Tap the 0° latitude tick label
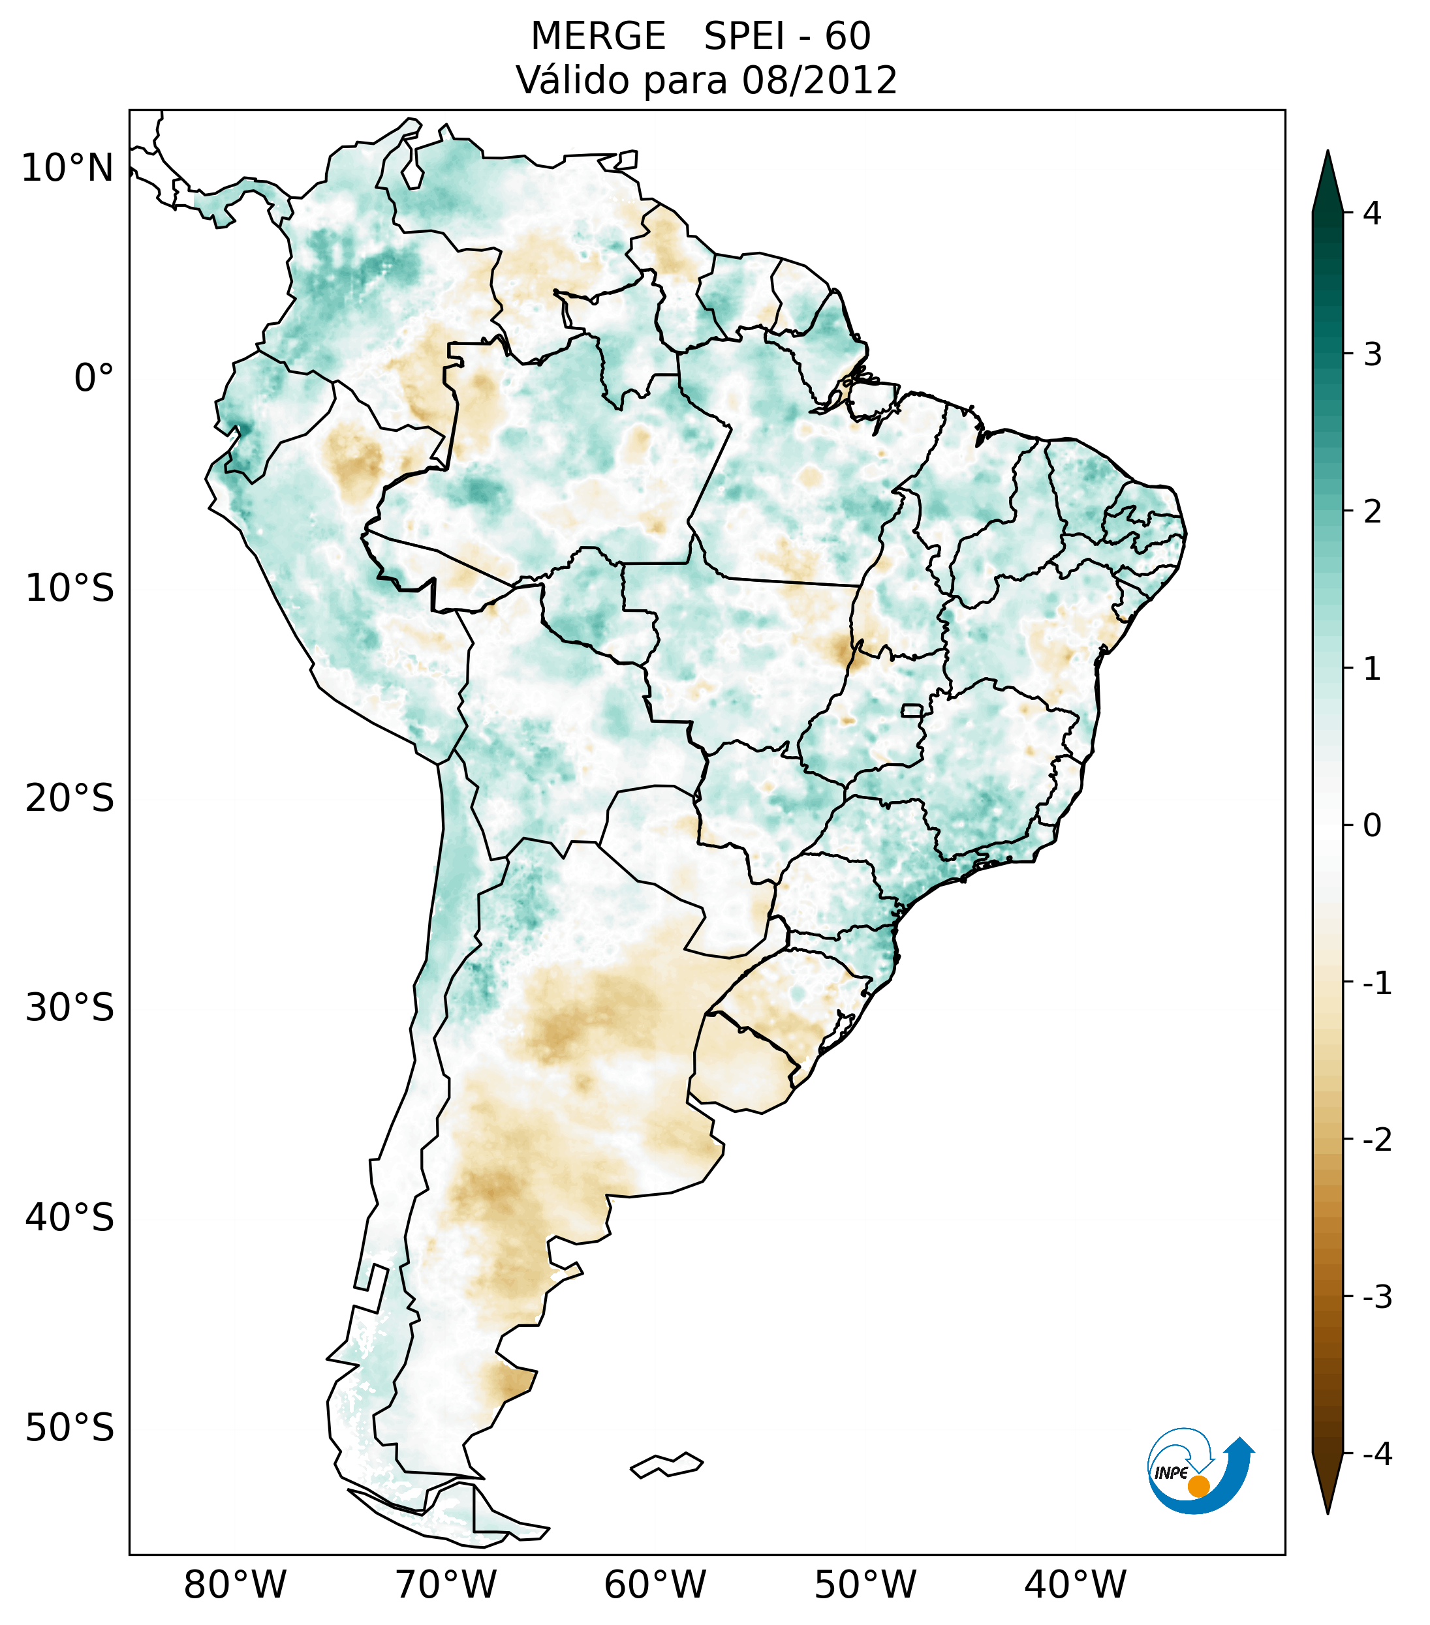(94, 378)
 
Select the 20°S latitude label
(70, 798)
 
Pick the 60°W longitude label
(655, 1585)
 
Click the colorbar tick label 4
(1372, 213)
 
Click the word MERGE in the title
(597, 37)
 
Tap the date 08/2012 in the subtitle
(819, 80)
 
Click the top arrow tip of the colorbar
(1327, 153)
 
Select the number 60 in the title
(847, 37)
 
